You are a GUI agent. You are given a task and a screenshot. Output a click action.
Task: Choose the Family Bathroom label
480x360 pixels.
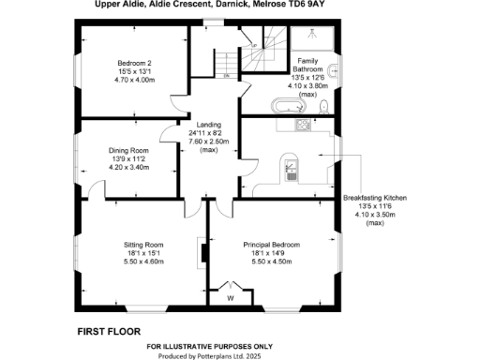tap(308, 65)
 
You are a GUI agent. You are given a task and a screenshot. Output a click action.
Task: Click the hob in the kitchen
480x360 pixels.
tap(303, 125)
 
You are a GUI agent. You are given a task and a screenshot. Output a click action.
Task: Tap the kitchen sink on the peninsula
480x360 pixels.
tap(292, 170)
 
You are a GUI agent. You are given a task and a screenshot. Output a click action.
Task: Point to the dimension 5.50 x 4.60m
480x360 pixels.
tap(144, 262)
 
